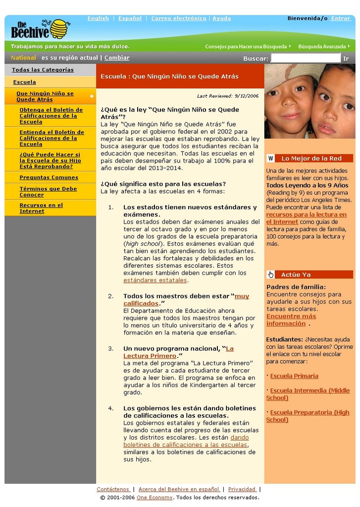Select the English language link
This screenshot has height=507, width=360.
[98, 18]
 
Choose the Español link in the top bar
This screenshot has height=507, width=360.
[130, 18]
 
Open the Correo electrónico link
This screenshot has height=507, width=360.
[178, 18]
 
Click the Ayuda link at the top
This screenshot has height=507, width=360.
[221, 18]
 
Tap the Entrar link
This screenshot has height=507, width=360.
[341, 18]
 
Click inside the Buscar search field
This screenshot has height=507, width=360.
[306, 58]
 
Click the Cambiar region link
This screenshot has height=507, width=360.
[117, 58]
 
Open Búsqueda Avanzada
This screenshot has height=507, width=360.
[322, 47]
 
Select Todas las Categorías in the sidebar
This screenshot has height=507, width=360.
[43, 70]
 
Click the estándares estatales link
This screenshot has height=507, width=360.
[155, 281]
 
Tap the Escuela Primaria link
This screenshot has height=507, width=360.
[294, 376]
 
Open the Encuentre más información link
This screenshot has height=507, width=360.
[291, 320]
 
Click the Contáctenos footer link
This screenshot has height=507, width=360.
[113, 489]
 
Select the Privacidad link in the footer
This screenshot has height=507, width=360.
[242, 489]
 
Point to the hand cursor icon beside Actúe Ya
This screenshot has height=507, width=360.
[270, 275]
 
